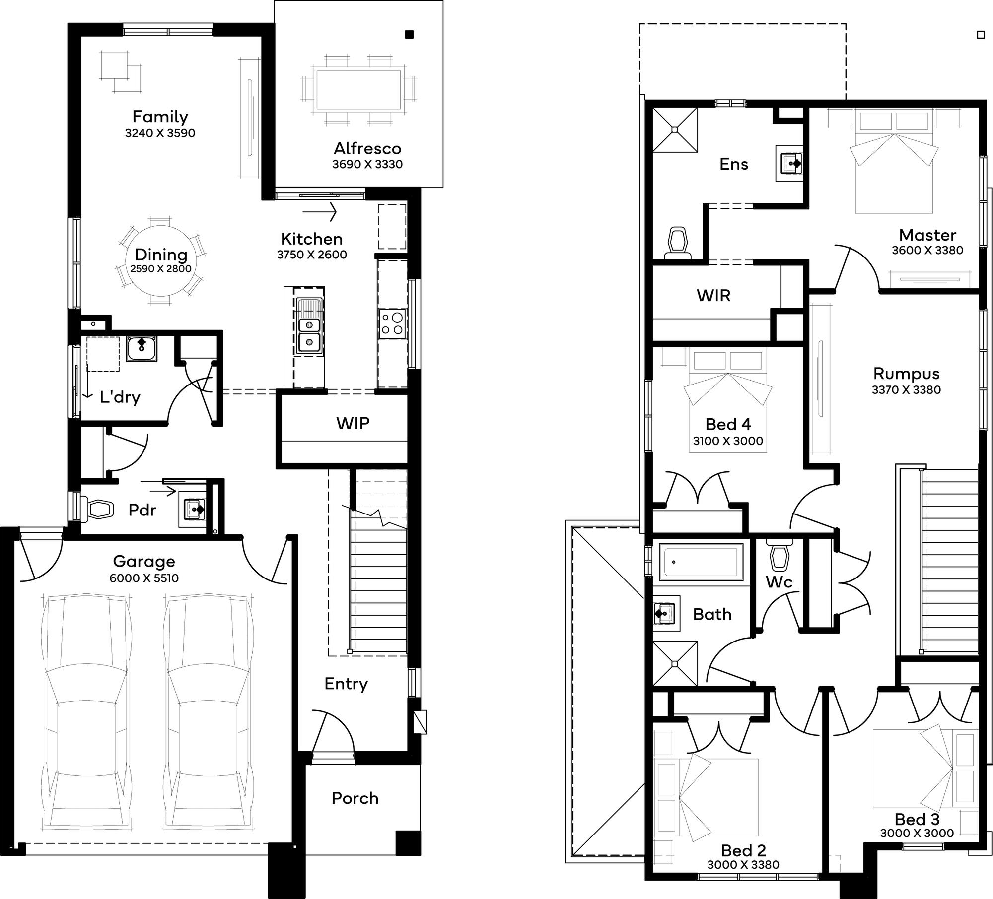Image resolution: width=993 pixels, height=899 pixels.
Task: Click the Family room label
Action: pyautogui.click(x=160, y=117)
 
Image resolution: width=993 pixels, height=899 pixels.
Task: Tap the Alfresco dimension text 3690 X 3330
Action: pyautogui.click(x=367, y=164)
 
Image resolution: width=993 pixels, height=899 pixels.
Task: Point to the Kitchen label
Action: pyautogui.click(x=312, y=239)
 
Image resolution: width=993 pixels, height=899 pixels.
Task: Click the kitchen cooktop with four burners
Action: pyautogui.click(x=392, y=323)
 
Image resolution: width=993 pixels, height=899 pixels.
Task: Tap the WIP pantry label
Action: pyautogui.click(x=353, y=423)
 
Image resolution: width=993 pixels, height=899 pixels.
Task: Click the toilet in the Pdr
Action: pyautogui.click(x=99, y=509)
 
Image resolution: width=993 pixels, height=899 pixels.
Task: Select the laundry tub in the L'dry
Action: pyautogui.click(x=142, y=349)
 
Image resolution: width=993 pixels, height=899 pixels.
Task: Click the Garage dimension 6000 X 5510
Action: pyautogui.click(x=144, y=578)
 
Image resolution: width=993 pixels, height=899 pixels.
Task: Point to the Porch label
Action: pyautogui.click(x=355, y=798)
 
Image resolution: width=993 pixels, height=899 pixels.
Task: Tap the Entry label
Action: pyautogui.click(x=346, y=684)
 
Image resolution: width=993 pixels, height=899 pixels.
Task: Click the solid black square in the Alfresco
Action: pyautogui.click(x=410, y=35)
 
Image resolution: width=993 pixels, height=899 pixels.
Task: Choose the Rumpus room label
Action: pyautogui.click(x=907, y=373)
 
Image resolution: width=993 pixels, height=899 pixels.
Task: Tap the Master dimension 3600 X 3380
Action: pyautogui.click(x=927, y=250)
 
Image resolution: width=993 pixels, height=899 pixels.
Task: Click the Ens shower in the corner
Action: pyautogui.click(x=675, y=129)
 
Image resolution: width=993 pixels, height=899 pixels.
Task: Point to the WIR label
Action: pyautogui.click(x=713, y=296)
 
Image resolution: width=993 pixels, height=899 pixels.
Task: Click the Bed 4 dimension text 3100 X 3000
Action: pyautogui.click(x=728, y=441)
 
